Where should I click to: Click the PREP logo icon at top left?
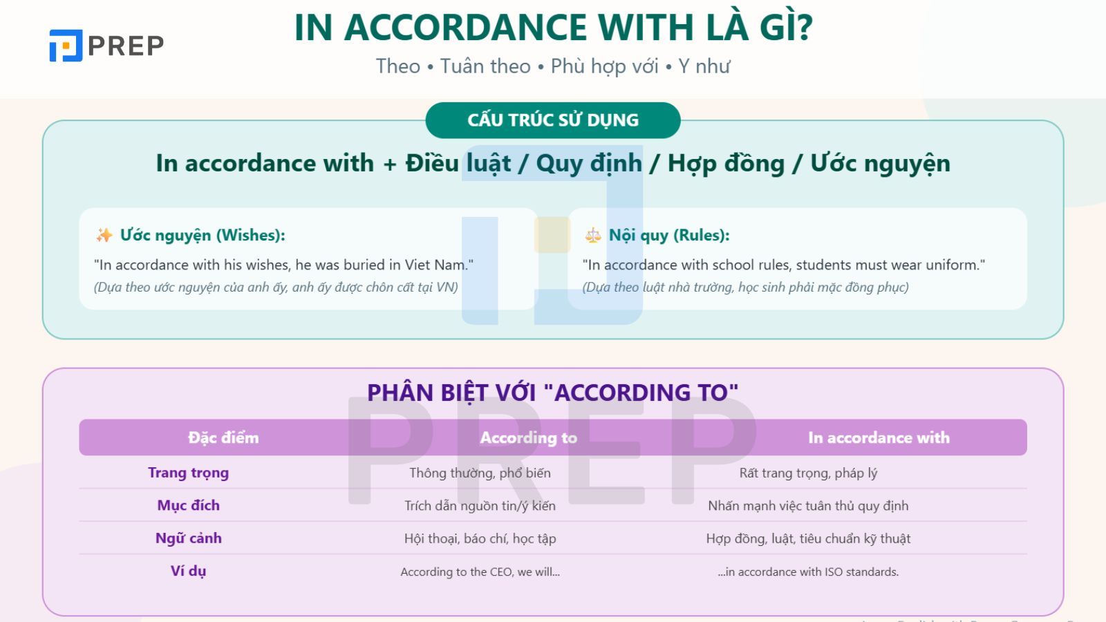coord(66,46)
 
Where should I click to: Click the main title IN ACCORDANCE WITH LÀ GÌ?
coord(553,28)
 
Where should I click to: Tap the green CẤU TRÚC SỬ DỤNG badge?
coord(553,120)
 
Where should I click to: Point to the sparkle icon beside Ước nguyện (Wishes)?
coord(104,236)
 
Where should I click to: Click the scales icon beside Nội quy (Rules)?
coord(593,236)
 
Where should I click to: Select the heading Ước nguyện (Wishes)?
coord(203,235)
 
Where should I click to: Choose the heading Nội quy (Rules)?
coord(669,235)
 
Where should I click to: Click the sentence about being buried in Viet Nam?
coord(283,265)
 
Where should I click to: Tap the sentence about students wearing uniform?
coord(784,265)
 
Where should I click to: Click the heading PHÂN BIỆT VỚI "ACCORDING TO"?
coord(552,393)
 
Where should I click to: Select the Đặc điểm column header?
coord(223,437)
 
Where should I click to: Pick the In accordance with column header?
coord(879,437)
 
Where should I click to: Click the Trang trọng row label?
coord(188,473)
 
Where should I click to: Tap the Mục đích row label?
coord(188,505)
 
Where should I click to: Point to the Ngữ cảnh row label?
coord(188,538)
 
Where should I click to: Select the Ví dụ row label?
coord(188,571)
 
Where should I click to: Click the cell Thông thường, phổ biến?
coord(480,473)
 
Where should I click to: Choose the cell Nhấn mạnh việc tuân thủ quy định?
coord(808,506)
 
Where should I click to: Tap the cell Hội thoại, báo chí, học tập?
coord(480,538)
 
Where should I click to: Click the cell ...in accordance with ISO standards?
coord(808,572)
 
